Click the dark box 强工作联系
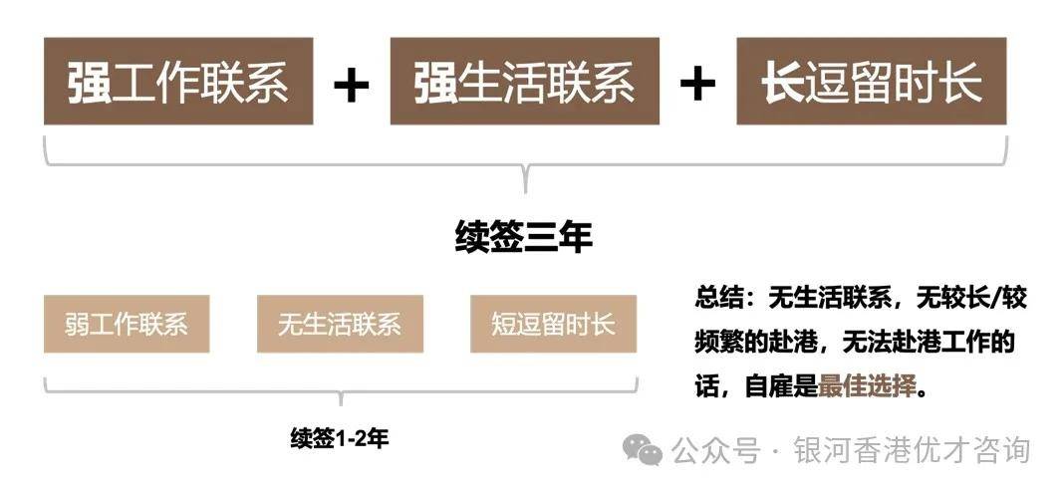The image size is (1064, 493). point(178,82)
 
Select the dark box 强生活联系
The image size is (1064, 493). point(525,82)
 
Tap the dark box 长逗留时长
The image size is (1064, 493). point(872,82)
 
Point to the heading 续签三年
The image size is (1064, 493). point(524,238)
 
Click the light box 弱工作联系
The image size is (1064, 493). point(127,324)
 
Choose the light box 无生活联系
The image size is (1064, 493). point(340,324)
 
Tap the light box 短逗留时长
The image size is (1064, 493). point(553,324)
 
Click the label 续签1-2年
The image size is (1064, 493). point(340,439)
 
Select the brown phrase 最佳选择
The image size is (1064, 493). point(867,387)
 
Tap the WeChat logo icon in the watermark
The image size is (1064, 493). point(644,450)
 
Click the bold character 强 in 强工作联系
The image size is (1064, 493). point(90,82)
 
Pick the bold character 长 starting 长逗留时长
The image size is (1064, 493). point(782,82)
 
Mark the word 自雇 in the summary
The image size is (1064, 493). point(769,387)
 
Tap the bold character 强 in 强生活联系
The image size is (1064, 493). point(436,82)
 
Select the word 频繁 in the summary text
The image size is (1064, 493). point(719,344)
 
